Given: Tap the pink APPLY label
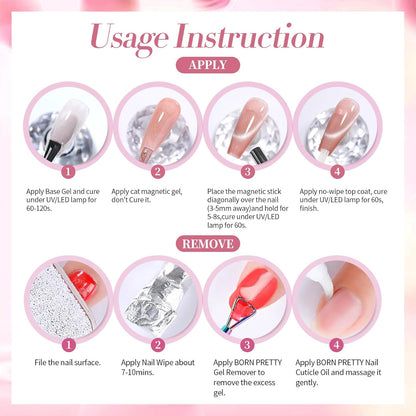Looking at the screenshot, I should click(208, 65).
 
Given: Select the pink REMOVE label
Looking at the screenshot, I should click(208, 242).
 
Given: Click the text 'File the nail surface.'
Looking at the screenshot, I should click(66, 361).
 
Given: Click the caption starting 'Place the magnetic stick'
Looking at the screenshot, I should click(250, 205).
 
